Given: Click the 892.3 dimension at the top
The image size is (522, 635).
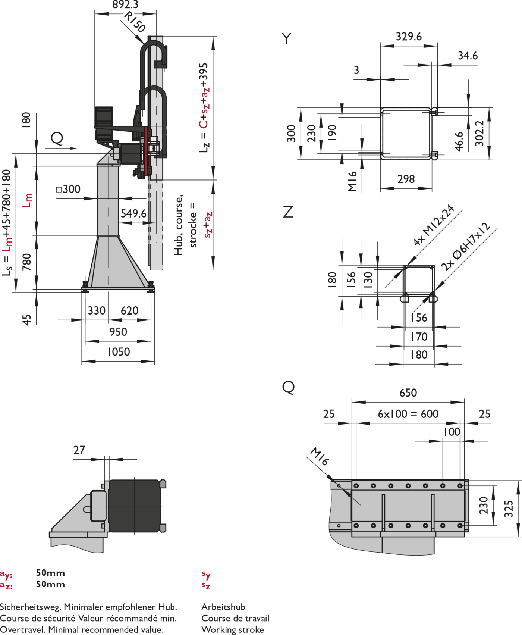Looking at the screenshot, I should click(x=125, y=5).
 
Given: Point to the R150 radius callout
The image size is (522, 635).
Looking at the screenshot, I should click(x=135, y=22).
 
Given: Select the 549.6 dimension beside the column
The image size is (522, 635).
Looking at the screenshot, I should click(x=133, y=213).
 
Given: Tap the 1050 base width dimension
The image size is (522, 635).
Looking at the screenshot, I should click(x=119, y=352).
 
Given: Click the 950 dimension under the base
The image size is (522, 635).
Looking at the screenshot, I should click(x=118, y=332).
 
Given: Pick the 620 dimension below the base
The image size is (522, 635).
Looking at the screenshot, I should click(x=129, y=310).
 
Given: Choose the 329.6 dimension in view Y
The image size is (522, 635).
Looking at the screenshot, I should click(x=409, y=37).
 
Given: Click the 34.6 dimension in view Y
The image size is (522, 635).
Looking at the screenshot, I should click(x=468, y=56).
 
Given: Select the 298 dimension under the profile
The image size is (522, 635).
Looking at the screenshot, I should click(x=406, y=179).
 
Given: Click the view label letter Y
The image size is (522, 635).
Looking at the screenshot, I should click(x=287, y=39).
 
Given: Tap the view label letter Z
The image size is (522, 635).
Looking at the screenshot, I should click(x=288, y=212).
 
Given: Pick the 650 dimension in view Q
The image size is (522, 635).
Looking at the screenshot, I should click(x=408, y=393).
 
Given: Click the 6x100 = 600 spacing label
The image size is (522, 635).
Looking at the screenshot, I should click(x=408, y=414).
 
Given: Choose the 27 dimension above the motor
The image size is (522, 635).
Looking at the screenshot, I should click(x=79, y=450).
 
